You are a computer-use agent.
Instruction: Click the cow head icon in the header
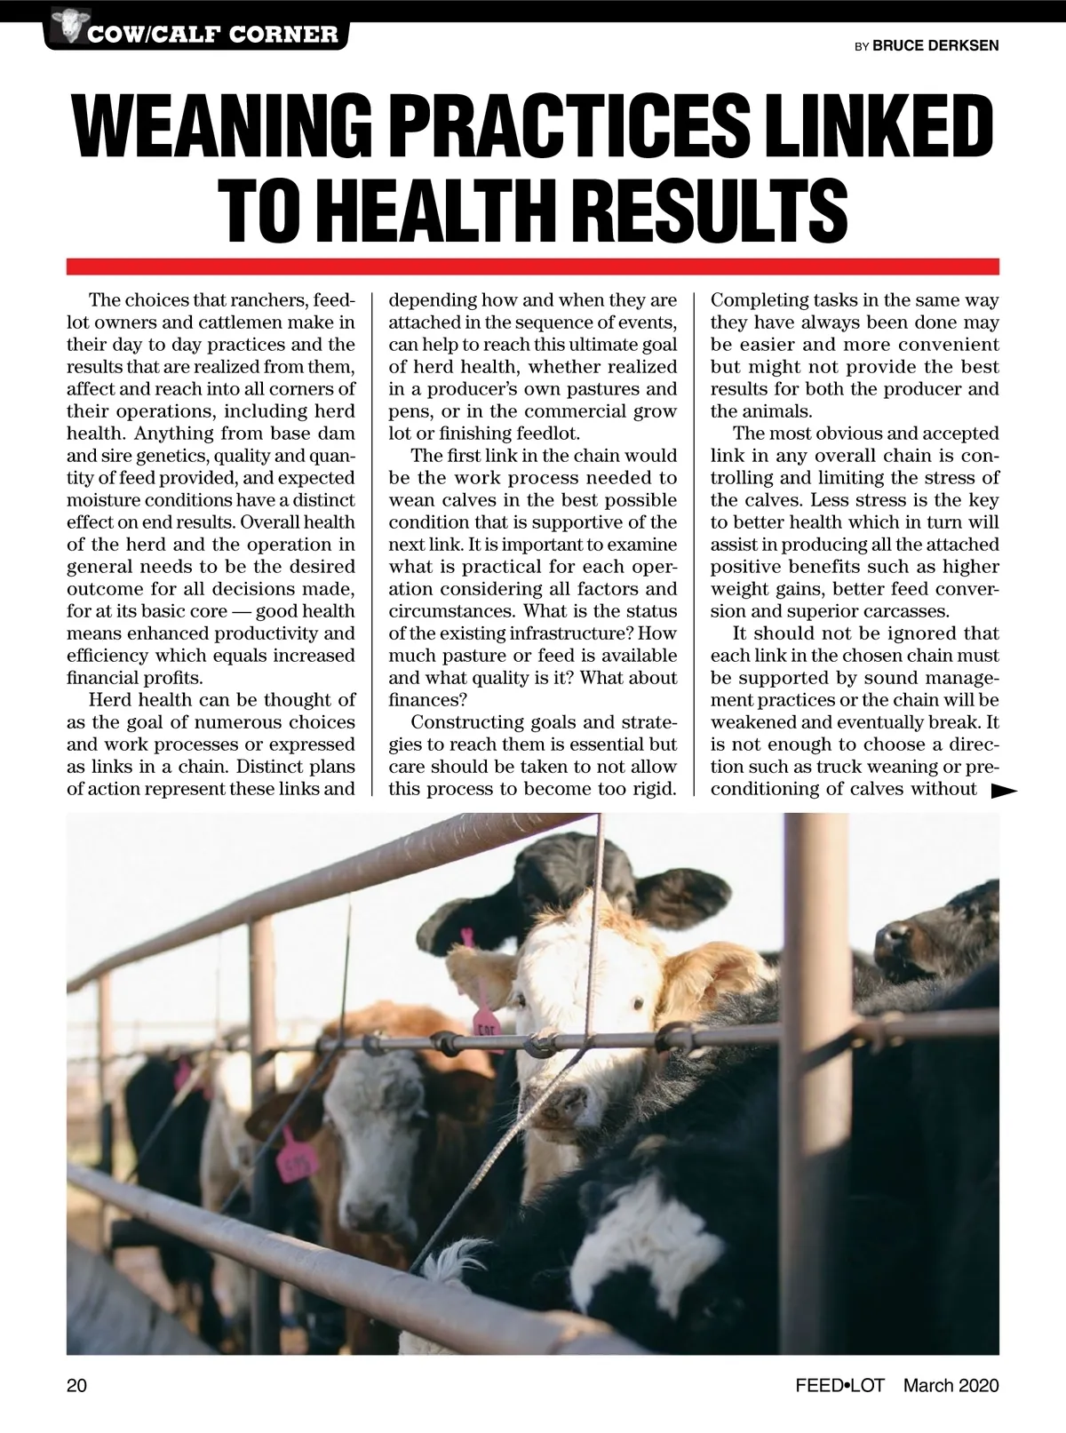tap(66, 24)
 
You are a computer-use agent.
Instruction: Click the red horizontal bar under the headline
tap(533, 267)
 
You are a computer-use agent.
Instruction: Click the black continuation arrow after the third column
tap(1003, 790)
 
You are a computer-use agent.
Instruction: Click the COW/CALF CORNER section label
tap(211, 36)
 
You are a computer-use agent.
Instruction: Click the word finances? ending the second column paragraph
tap(422, 699)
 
